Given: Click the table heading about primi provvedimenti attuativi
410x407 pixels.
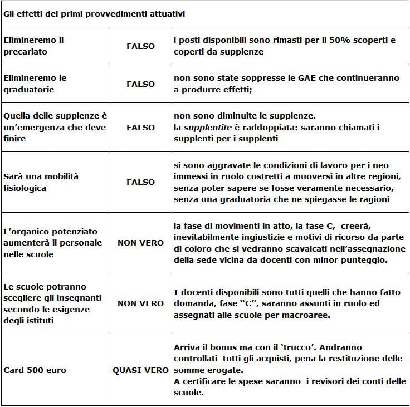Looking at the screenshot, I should coord(94,14).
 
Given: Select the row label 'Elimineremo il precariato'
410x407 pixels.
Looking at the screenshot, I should coord(33,46).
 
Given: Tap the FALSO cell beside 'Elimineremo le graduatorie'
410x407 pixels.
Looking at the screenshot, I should coord(140,84).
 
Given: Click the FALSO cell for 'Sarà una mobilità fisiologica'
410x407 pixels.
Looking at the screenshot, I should coord(140,182).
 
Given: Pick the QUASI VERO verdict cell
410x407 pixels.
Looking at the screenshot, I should coord(140,370).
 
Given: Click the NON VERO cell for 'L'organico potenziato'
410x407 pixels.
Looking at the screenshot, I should coord(140,243).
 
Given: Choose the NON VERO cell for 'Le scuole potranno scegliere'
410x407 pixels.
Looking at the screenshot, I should coord(140,303).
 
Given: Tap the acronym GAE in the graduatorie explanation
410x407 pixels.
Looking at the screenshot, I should coord(314,79).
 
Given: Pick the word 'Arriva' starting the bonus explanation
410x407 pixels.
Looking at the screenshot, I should coord(187,347).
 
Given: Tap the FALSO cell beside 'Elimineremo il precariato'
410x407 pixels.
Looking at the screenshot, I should coord(140,46).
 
